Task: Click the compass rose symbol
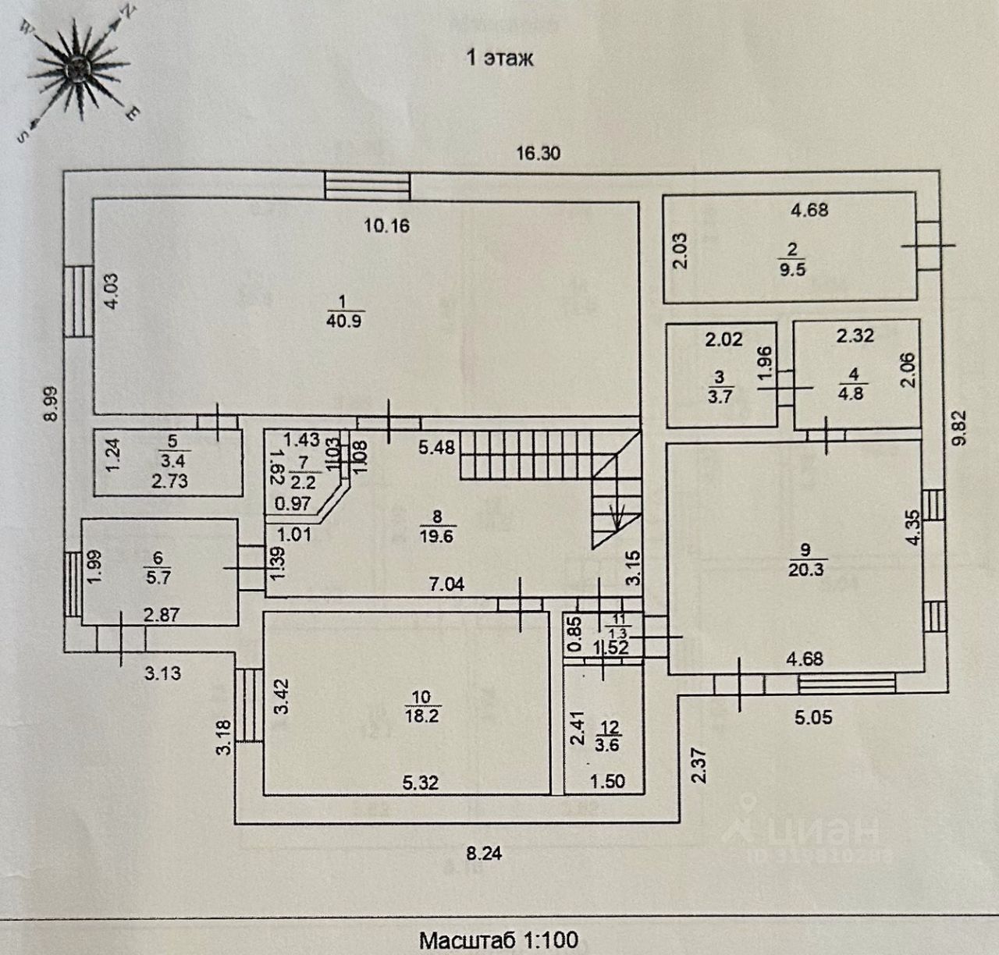coord(76,72)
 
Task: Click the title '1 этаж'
coord(499,58)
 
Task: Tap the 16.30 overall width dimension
coord(539,153)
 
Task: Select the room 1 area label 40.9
coord(344,321)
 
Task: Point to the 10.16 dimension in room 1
coord(387,227)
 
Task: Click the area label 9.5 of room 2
coord(793,271)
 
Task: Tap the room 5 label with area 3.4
coord(170,461)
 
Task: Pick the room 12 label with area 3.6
coord(609,745)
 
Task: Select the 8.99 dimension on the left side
coord(51,403)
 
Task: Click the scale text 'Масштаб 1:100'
coord(499,939)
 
